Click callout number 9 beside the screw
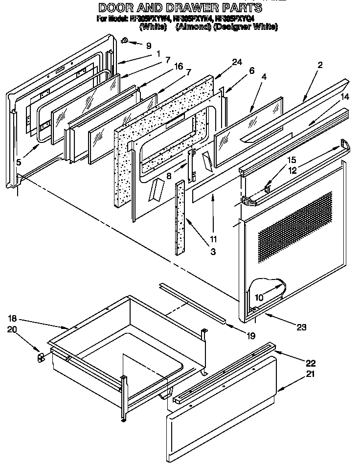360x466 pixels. tap(148, 46)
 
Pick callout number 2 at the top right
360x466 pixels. tap(319, 65)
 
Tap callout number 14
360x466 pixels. tap(345, 97)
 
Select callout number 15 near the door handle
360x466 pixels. tap(291, 160)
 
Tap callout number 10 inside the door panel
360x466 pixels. tap(258, 297)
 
